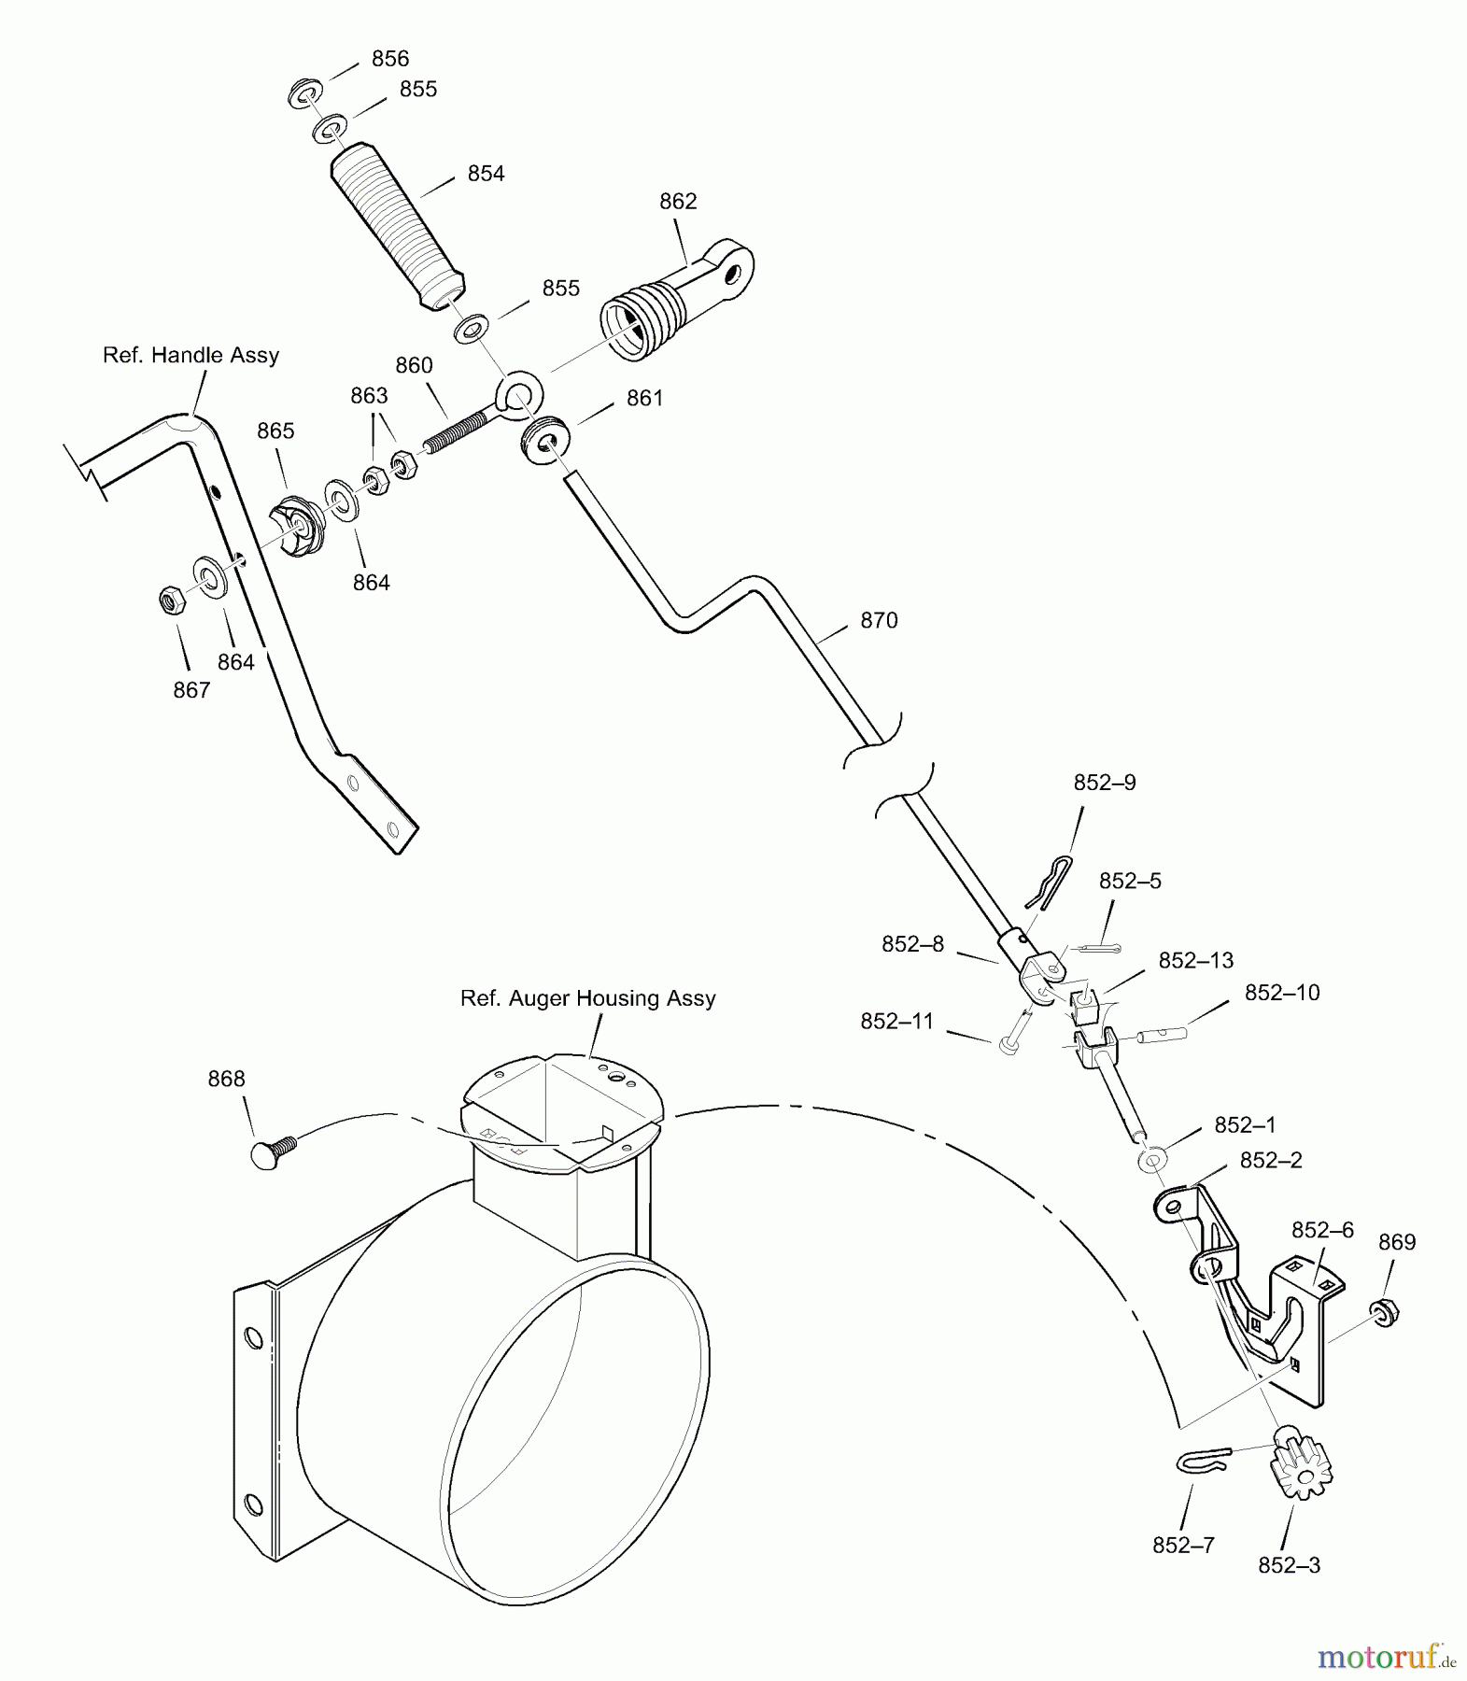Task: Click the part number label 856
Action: coord(390,59)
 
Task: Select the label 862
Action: coord(678,202)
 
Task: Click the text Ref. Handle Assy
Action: coord(190,355)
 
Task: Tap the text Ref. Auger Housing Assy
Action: coord(587,998)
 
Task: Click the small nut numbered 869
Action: coord(1385,1311)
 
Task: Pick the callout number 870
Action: coord(879,620)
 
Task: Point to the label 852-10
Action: coord(1281,993)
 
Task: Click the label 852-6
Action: coord(1322,1229)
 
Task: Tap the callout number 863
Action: coord(369,396)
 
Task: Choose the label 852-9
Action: coord(1105,783)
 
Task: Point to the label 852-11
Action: coord(896,1022)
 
